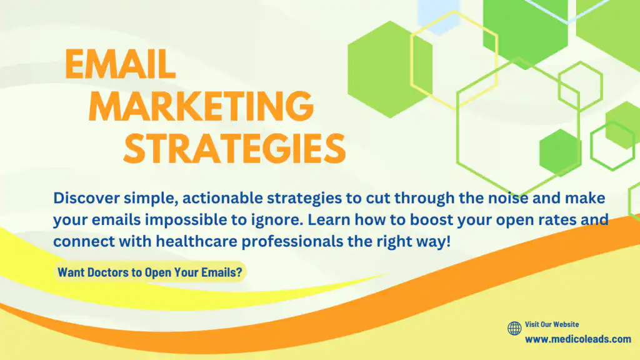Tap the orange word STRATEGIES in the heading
[x=234, y=147]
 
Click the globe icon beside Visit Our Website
[x=514, y=328]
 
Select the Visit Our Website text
[x=552, y=324]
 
